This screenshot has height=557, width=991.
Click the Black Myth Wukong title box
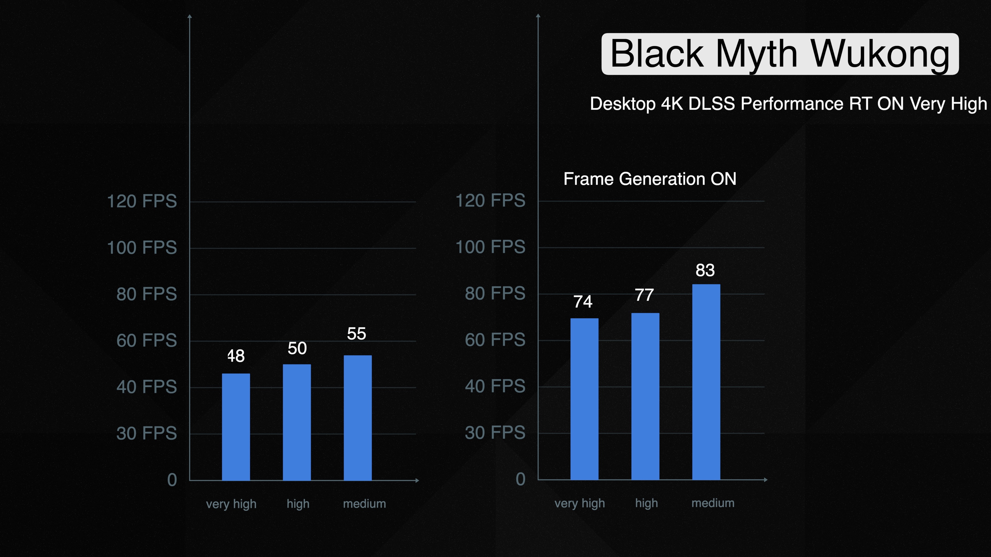click(x=780, y=54)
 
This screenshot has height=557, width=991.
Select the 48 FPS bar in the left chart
click(x=236, y=427)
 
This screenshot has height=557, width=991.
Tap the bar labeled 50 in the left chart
click(x=297, y=422)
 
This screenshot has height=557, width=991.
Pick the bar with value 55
click(x=357, y=418)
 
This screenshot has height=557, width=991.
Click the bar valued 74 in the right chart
click(x=584, y=399)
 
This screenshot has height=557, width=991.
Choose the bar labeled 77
click(x=645, y=396)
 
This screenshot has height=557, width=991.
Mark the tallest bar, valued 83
click(x=706, y=382)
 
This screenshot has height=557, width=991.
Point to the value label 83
click(x=705, y=270)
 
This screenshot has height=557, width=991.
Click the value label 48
click(x=236, y=356)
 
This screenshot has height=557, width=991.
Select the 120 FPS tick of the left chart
click(x=142, y=201)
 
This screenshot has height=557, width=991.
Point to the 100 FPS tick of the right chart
click(x=490, y=247)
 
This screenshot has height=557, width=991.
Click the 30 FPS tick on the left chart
click(x=147, y=433)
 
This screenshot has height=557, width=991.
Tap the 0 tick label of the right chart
click(x=521, y=479)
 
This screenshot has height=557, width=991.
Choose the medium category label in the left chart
click(x=364, y=504)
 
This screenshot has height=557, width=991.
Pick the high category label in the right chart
click(x=646, y=503)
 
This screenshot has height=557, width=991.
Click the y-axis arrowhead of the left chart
click(x=190, y=16)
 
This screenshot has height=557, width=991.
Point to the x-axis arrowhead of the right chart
click(x=765, y=480)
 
